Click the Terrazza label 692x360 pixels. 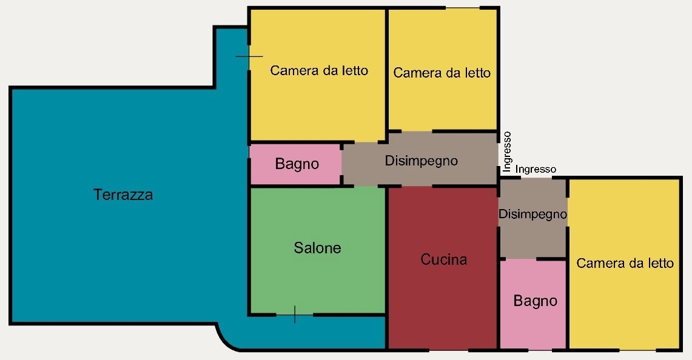click(x=123, y=195)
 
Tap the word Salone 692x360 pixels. click(x=317, y=247)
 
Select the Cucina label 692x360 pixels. click(x=443, y=259)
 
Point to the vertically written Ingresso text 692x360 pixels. click(x=506, y=152)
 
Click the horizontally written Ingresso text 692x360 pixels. click(x=536, y=169)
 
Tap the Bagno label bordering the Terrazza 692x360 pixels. click(x=297, y=164)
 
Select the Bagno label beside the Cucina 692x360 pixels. click(x=536, y=301)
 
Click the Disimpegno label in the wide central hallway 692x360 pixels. click(x=421, y=161)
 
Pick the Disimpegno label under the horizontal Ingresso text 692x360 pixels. click(x=532, y=214)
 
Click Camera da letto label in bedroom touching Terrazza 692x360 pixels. click(x=319, y=70)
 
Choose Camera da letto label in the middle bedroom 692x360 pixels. click(x=442, y=73)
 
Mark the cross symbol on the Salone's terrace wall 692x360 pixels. click(x=294, y=315)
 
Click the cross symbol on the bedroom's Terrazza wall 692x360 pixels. click(x=249, y=56)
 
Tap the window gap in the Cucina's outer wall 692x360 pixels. click(x=448, y=350)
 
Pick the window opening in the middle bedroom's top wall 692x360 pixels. click(x=462, y=7)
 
